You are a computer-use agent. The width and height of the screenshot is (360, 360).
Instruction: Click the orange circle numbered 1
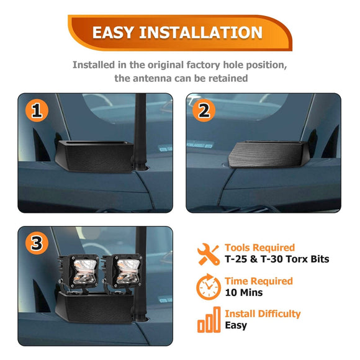(37, 110)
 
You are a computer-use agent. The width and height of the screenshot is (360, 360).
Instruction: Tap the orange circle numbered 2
(204, 110)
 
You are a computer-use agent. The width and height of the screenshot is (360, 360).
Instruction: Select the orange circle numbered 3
(37, 243)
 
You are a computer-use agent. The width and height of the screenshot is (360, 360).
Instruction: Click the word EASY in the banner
(113, 32)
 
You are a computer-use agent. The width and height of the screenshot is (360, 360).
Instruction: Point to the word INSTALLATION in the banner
(200, 32)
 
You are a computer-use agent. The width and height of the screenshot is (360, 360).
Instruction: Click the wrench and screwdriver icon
(208, 254)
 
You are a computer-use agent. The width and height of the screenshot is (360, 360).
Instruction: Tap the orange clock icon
(209, 287)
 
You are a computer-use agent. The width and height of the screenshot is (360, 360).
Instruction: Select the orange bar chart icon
(209, 320)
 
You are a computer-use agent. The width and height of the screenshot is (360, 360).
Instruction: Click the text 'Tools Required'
(259, 248)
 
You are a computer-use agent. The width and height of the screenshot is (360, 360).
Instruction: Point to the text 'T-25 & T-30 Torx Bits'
(277, 259)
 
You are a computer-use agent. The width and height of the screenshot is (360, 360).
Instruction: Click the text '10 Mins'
(244, 292)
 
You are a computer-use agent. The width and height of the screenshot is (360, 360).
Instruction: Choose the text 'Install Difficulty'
(263, 313)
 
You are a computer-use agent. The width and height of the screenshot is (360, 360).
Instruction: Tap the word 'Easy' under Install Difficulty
(236, 325)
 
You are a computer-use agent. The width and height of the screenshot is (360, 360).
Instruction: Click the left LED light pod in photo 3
(79, 273)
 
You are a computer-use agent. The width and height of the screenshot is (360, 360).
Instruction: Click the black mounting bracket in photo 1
(94, 156)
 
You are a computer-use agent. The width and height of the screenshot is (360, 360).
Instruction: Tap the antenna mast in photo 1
(140, 132)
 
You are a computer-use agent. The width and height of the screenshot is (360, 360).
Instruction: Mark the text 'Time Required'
(259, 281)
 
